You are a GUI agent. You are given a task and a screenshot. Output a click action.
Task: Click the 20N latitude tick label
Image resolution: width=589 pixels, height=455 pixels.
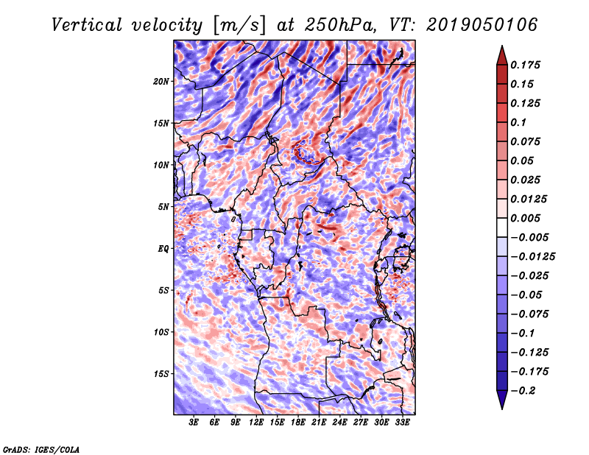click(161, 81)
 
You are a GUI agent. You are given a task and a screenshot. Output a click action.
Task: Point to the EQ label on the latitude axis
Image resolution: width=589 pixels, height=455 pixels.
click(163, 249)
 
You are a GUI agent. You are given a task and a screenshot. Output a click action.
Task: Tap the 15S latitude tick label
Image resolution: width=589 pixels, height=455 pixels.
click(161, 374)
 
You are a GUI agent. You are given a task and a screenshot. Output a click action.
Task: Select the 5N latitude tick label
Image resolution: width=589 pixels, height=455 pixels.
click(163, 207)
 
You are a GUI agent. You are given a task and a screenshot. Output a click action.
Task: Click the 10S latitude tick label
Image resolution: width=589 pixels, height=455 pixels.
click(161, 332)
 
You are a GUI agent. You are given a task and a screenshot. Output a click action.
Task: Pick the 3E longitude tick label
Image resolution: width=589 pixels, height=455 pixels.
click(194, 423)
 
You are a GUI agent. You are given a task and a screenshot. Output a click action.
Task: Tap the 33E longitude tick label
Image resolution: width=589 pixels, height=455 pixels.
click(403, 423)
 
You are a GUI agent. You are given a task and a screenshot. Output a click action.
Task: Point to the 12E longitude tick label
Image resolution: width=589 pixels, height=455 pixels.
click(257, 423)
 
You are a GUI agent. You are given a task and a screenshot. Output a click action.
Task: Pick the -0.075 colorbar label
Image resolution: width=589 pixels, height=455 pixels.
click(532, 314)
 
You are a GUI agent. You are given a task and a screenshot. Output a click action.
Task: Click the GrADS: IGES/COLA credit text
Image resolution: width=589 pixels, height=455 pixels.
click(40, 448)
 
